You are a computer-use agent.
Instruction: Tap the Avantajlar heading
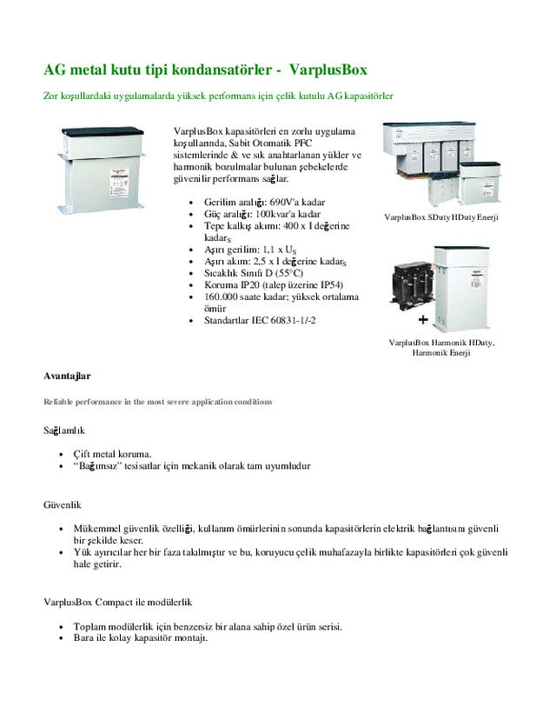coord(67,376)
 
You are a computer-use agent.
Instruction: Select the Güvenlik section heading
coord(63,503)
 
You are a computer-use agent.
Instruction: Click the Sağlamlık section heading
coord(64,430)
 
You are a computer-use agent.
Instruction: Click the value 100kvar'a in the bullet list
coord(281,214)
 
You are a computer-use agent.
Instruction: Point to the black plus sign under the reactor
coord(422,319)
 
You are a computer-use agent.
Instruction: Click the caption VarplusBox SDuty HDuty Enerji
coord(441,217)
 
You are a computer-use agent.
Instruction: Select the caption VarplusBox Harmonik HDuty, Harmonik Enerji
coord(441,348)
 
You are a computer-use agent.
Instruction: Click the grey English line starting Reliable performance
coord(157,402)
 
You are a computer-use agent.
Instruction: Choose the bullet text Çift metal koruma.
coord(113,453)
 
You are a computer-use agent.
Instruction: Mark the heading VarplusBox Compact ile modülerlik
coord(117,602)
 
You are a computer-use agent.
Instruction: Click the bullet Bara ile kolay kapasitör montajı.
coord(141,638)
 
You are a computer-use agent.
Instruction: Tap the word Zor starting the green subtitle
coord(50,96)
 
